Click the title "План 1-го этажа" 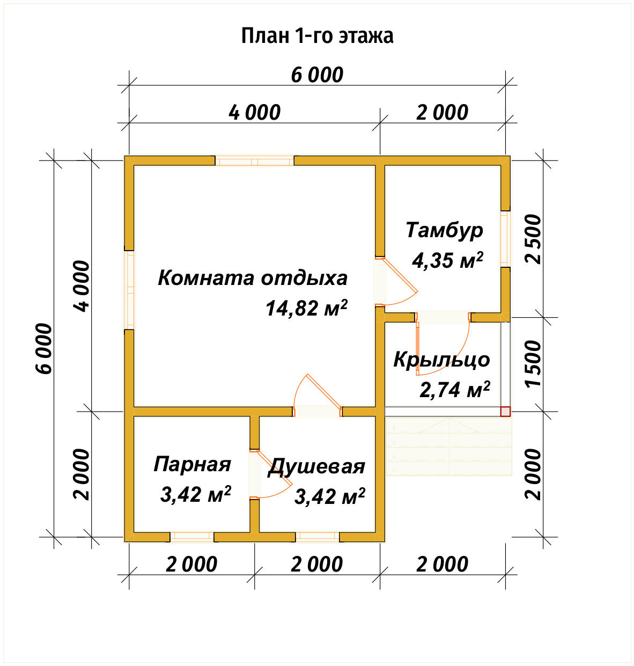click(317, 36)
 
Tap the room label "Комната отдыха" click(253, 278)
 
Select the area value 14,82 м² click(306, 308)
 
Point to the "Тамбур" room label click(445, 230)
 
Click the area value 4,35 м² click(447, 260)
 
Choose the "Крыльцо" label click(441, 360)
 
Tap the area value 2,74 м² click(454, 390)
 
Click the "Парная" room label click(192, 464)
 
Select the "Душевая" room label click(316, 466)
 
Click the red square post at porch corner click(505, 412)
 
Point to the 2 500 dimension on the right click(534, 239)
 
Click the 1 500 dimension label click(534, 364)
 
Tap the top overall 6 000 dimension click(317, 75)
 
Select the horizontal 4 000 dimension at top click(254, 113)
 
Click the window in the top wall click(255, 160)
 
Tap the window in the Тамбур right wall click(505, 239)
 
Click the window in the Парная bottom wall click(191, 536)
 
